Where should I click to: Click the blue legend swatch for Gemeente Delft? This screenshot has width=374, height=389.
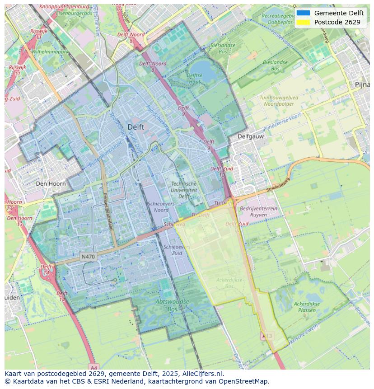[303, 13]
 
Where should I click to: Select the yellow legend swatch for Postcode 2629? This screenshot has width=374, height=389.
[303, 22]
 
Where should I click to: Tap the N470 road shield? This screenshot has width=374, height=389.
[88, 257]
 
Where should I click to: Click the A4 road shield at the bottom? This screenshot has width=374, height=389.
[93, 366]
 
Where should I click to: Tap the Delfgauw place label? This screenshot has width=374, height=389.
[251, 136]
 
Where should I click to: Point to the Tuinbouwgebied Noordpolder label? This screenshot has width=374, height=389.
[279, 100]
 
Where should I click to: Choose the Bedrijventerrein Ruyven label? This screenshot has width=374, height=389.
[258, 211]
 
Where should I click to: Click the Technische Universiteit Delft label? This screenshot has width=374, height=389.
[184, 190]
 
